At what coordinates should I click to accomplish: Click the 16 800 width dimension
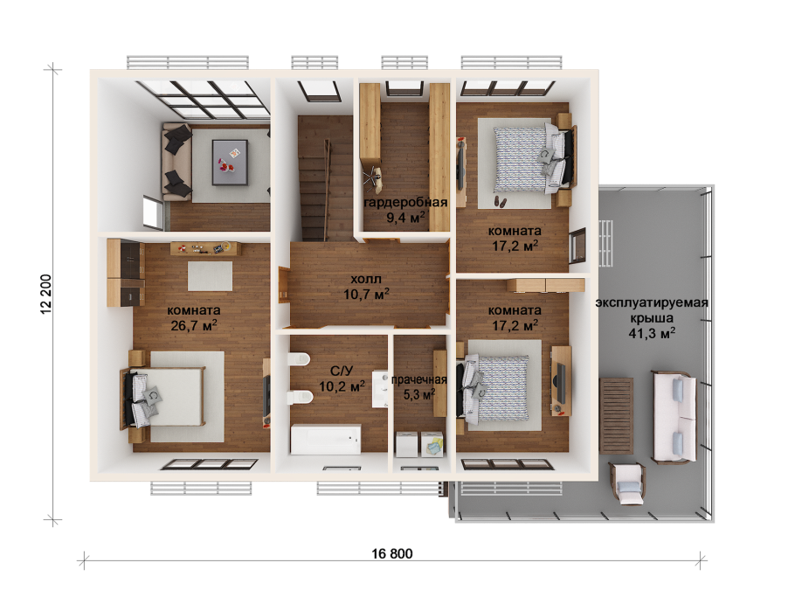click(391, 553)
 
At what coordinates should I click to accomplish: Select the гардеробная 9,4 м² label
click(406, 210)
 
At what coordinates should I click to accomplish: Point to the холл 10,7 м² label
click(366, 286)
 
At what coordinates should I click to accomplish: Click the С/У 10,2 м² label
click(341, 379)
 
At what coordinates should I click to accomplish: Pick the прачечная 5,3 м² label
click(419, 387)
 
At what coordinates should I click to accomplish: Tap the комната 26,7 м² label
click(193, 316)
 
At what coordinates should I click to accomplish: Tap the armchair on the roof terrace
click(626, 481)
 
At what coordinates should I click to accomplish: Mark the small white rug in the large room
click(210, 276)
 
